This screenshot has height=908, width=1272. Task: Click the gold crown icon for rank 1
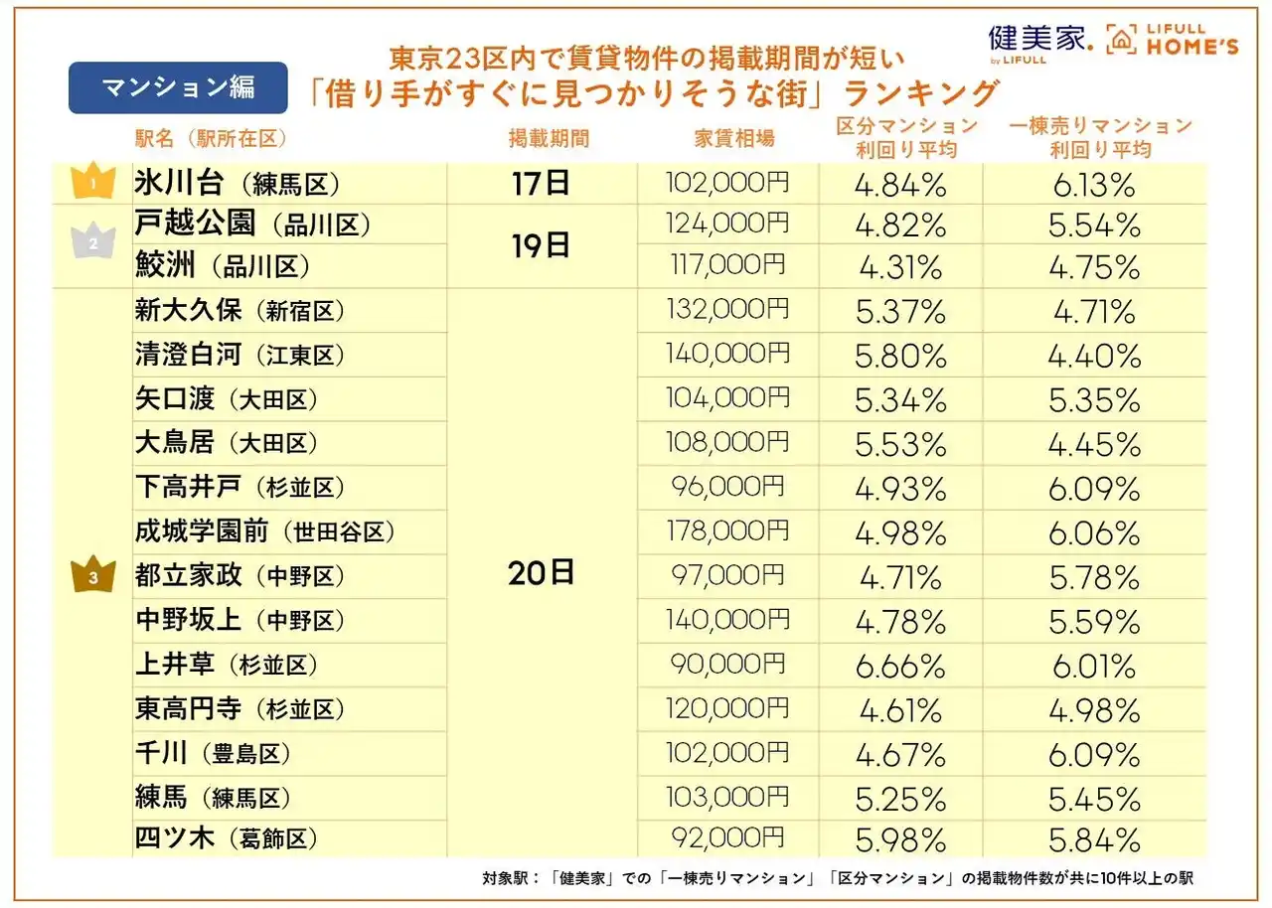(x=91, y=183)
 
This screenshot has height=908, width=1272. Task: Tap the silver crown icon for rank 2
(x=91, y=245)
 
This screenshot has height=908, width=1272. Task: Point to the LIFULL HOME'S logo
(x=1174, y=39)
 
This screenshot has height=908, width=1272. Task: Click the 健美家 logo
(x=1039, y=40)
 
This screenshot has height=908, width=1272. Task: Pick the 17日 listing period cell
(x=542, y=183)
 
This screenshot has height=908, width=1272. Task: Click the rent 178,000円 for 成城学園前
(x=726, y=531)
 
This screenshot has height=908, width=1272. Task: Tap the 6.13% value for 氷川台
(x=1094, y=184)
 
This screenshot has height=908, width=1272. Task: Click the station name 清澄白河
(x=188, y=355)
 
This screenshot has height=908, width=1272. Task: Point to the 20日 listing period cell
(x=542, y=573)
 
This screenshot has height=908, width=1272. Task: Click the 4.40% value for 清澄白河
(x=1094, y=356)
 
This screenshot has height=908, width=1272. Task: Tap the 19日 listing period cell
(x=542, y=245)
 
